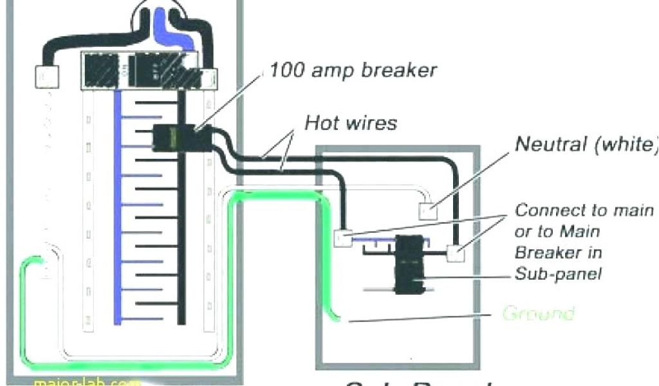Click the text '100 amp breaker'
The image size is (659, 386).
(x=353, y=69)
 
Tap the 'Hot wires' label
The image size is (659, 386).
(x=351, y=122)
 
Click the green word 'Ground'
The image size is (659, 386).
(x=537, y=314)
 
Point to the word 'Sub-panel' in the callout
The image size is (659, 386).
(x=558, y=273)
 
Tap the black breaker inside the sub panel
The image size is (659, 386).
(x=408, y=264)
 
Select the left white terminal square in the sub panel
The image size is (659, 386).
(x=344, y=238)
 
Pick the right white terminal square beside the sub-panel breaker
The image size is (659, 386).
(x=456, y=253)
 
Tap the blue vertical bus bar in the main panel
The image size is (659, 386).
(x=118, y=206)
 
